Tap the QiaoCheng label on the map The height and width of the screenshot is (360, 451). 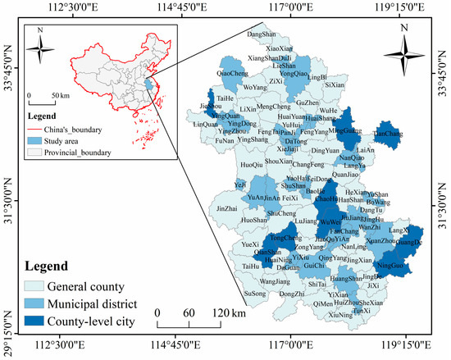click(x=232, y=73)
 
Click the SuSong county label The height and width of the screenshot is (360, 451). click(x=255, y=293)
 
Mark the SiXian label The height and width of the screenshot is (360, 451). click(x=335, y=84)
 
